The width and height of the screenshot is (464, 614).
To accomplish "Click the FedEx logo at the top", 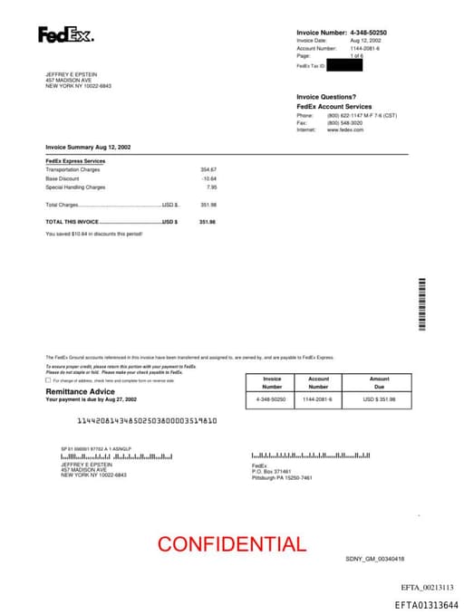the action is (65, 35).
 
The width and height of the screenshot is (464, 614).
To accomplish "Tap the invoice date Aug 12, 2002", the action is (365, 41).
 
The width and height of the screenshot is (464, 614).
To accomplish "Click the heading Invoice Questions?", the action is (326, 97).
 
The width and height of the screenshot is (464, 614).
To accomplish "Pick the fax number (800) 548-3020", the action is (344, 123).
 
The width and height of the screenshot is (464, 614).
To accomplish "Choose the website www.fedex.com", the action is (345, 130).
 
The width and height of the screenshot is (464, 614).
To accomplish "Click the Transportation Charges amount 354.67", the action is (208, 169).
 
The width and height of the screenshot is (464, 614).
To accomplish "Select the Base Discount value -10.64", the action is (209, 178).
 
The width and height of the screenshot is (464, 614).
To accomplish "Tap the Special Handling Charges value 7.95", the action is (212, 187).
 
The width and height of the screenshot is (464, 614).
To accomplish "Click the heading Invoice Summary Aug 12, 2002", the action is (88, 146).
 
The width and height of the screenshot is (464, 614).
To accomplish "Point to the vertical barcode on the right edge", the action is (422, 305).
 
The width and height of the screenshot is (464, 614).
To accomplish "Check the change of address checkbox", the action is (48, 380).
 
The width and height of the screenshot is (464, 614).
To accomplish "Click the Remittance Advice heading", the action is (81, 391).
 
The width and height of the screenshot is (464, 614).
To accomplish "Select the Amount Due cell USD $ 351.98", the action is (380, 399).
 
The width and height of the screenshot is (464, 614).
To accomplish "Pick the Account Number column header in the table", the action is (319, 382).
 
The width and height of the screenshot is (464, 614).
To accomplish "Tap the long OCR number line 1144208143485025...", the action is (147, 421).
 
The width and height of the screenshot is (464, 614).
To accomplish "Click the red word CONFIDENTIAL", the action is (232, 544).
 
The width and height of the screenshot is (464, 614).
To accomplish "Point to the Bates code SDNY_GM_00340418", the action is (374, 559).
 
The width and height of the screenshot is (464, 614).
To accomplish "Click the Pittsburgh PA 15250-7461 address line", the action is (282, 477).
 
